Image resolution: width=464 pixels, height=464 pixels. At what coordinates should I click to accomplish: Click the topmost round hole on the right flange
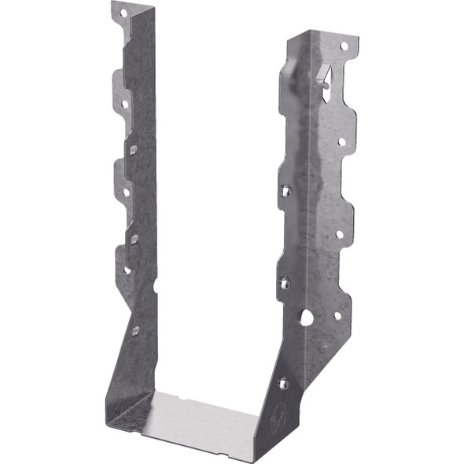point(344,46)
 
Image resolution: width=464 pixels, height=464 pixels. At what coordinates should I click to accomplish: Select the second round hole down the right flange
point(341,142)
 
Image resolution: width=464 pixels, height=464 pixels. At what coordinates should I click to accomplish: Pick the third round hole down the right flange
point(339,234)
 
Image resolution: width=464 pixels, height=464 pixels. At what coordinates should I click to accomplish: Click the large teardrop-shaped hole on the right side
point(306,317)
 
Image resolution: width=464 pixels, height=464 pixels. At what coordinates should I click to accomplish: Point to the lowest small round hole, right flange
point(337,315)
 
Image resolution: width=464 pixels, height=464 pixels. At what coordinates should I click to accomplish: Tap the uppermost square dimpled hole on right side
point(286,190)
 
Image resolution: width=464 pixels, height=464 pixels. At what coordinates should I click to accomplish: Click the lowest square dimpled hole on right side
point(283,383)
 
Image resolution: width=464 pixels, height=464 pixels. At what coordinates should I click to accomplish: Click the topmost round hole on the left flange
point(123,14)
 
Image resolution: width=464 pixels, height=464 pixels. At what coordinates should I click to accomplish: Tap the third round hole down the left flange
point(125,191)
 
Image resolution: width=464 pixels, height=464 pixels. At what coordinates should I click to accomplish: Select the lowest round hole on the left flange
point(127,270)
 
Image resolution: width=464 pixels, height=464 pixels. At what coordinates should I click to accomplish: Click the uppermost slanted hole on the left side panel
point(134,149)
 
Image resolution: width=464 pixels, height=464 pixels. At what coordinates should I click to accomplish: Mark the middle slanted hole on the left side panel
point(134,238)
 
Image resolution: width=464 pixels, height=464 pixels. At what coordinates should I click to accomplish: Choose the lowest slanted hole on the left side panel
point(135,331)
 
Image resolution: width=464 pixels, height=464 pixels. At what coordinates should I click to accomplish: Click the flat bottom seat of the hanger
point(197,425)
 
